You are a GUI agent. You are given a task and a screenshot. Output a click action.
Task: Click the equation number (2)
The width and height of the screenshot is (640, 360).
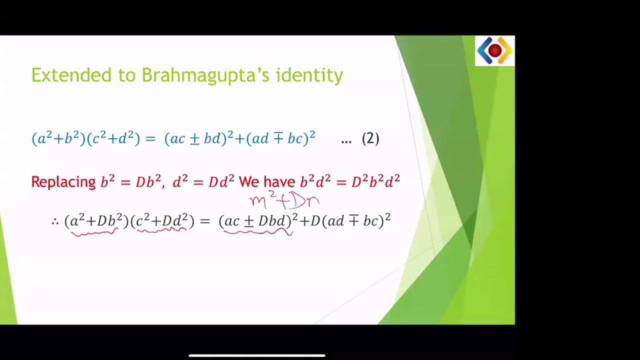[x=370, y=138]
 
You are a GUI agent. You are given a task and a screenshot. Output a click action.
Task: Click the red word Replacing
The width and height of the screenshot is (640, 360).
[x=63, y=181]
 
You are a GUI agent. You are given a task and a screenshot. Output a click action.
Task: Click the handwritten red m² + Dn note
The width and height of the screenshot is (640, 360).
[x=284, y=200]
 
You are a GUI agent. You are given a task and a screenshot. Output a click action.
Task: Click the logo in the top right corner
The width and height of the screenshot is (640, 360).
[x=494, y=50]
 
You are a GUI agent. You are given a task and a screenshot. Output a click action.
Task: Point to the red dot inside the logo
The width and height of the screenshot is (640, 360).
[x=494, y=50]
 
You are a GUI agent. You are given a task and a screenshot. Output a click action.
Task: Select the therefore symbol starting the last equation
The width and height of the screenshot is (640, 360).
[x=55, y=221]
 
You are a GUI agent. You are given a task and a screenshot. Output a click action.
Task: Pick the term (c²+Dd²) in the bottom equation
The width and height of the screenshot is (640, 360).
[x=162, y=220]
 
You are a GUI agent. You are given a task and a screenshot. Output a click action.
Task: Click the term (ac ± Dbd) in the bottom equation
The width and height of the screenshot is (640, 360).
[x=255, y=220]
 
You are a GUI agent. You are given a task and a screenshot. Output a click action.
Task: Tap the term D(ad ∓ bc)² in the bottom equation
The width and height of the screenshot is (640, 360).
[x=350, y=220]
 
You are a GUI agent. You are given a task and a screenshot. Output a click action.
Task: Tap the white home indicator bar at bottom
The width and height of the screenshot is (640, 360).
[x=257, y=355]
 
